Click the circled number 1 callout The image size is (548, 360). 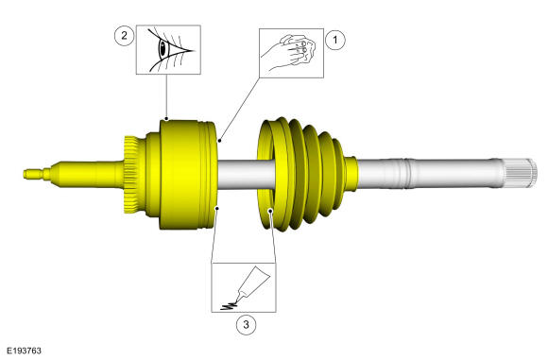click(x=335, y=40)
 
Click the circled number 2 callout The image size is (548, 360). click(x=124, y=36)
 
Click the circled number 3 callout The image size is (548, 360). click(x=246, y=325)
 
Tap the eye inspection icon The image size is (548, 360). click(x=168, y=49)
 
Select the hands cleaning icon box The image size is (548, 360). click(x=291, y=53)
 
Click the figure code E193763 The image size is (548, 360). click(x=25, y=351)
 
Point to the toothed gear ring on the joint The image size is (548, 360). click(x=131, y=175)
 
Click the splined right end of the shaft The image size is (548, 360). click(x=521, y=173)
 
